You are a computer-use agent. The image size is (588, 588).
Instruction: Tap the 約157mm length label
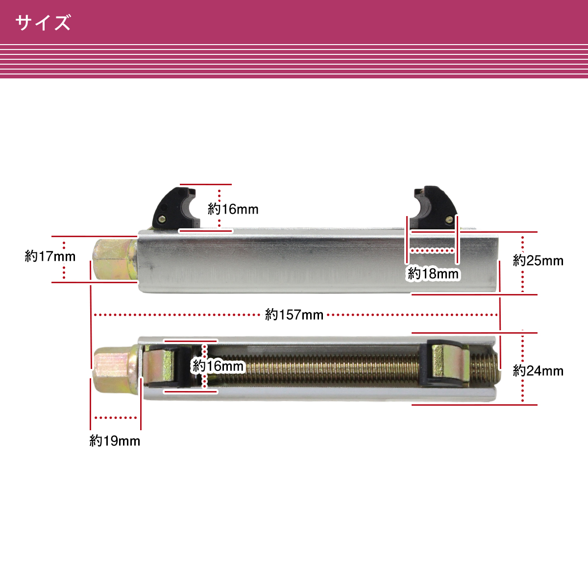294,315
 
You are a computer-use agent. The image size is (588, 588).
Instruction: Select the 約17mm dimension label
50,256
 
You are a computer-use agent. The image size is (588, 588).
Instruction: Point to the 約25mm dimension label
538,261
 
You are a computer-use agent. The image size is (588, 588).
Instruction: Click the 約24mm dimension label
538,371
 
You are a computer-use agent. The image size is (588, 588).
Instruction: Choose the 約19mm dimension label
115,441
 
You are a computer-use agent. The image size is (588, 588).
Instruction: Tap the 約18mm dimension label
433,274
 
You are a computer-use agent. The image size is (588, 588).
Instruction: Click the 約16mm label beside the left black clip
233,209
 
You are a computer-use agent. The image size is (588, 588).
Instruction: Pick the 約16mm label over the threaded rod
218,366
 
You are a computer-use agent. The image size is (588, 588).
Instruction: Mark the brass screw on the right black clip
449,219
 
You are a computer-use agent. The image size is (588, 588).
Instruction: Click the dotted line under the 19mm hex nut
116,418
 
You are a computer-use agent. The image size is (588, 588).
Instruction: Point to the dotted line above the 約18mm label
432,251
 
